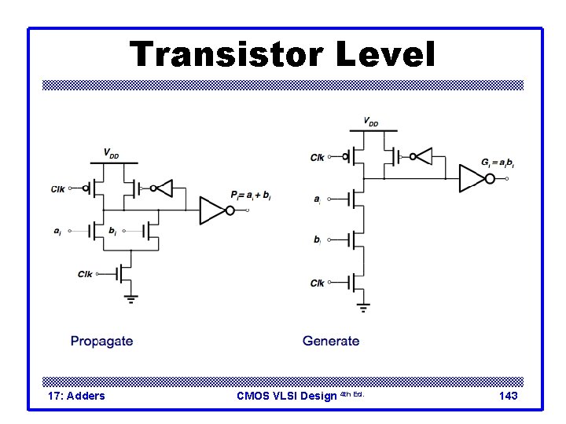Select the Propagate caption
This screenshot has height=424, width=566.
click(x=101, y=341)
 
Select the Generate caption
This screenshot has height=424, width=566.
click(x=331, y=341)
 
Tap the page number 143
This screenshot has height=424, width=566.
click(x=508, y=396)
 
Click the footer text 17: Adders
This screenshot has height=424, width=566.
click(x=76, y=396)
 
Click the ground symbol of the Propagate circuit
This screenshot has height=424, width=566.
click(x=131, y=298)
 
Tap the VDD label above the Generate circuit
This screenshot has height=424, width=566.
click(x=369, y=122)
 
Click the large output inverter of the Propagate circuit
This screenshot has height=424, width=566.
click(x=213, y=210)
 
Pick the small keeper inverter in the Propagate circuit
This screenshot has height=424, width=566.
click(x=163, y=188)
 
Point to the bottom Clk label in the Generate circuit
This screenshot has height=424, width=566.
click(x=318, y=283)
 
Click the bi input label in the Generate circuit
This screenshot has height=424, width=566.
click(x=317, y=239)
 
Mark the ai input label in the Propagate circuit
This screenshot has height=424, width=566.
click(x=57, y=231)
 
